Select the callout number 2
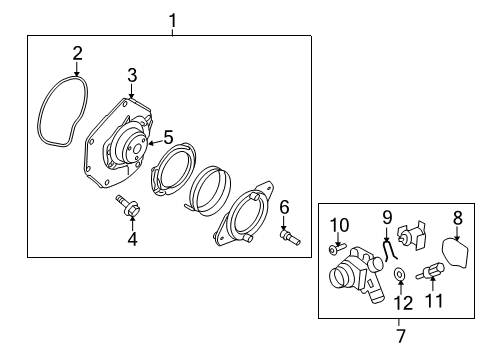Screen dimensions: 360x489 [x=77, y=53]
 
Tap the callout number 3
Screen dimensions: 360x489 [x=131, y=76]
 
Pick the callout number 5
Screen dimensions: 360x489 [x=169, y=136]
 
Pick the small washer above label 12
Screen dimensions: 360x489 [x=400, y=273]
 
